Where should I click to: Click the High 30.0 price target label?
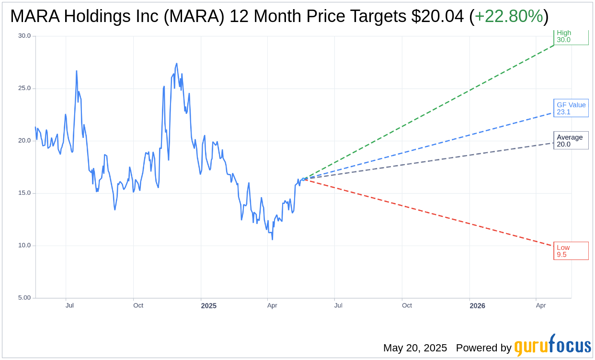pos(571,36)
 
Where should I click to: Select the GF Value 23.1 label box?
pos(571,108)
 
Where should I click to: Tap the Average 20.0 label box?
pos(571,141)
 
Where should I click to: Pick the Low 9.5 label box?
pos(571,251)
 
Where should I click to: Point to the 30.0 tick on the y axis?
pos(24,36)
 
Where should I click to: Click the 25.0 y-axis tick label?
pos(24,88)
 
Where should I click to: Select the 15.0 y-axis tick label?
pos(24,193)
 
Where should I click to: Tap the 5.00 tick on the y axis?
pos(24,298)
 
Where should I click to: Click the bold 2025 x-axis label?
pos(208,306)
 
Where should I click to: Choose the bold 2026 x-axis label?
pos(477,306)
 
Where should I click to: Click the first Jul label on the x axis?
pos(69,305)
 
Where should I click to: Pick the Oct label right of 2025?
pos(407,305)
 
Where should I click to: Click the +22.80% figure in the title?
pos(509,17)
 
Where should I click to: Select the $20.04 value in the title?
pos(437,17)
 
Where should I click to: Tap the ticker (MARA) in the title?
pos(194,17)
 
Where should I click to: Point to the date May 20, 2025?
pos(415,348)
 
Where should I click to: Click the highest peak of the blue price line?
pos(176,63)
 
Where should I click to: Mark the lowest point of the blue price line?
pos(272,239)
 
